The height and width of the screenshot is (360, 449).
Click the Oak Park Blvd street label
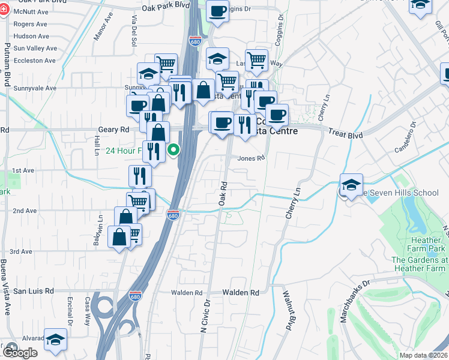click(166, 5)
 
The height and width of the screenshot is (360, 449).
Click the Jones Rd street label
click(251, 158)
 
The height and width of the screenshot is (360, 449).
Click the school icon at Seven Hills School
click(351, 184)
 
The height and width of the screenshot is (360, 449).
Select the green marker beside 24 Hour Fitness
click(173, 150)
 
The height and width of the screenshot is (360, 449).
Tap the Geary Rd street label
click(113, 130)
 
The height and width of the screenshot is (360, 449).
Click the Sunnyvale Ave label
click(35, 88)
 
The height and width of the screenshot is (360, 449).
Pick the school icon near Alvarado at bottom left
click(55, 340)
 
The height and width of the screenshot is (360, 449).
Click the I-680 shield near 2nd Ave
click(173, 215)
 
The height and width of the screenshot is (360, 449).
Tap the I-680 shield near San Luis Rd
click(135, 296)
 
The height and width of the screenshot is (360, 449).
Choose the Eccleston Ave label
click(35, 61)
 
